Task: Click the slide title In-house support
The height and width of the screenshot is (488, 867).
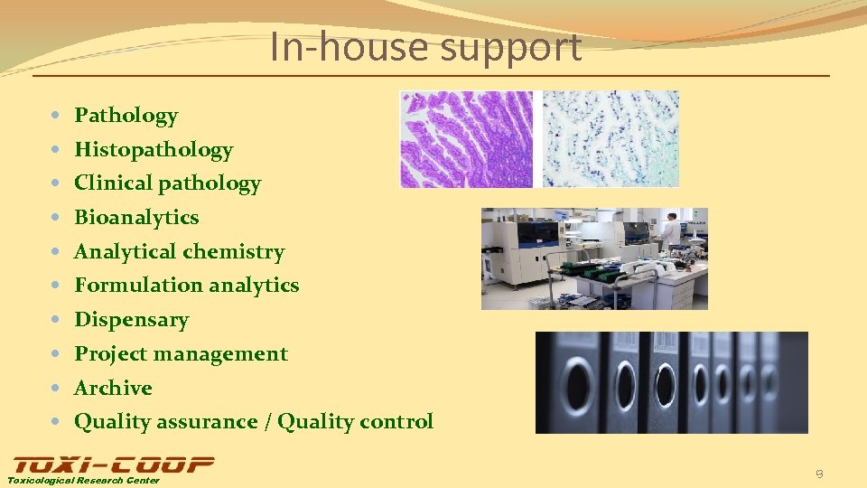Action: (425, 48)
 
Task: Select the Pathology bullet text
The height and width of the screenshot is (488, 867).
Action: (126, 116)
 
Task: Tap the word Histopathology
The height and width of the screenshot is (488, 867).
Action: (154, 150)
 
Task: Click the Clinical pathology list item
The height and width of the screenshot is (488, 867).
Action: (167, 183)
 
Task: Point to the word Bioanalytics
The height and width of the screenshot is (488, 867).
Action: (136, 218)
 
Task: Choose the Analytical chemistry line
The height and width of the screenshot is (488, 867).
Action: (179, 252)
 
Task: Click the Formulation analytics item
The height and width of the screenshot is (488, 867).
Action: (186, 286)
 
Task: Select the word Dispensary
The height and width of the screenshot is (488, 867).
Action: (131, 320)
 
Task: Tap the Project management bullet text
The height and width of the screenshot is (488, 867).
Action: (181, 354)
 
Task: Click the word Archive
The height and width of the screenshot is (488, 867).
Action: (113, 389)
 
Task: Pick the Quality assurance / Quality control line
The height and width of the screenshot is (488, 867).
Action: (253, 422)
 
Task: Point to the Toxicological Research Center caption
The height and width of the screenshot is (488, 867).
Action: (83, 481)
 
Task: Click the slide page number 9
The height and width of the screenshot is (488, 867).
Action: (818, 474)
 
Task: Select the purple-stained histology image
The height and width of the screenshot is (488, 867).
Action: (466, 139)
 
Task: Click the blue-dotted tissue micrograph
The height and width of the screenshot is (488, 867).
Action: (611, 139)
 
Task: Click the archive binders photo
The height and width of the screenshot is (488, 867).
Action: (671, 382)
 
